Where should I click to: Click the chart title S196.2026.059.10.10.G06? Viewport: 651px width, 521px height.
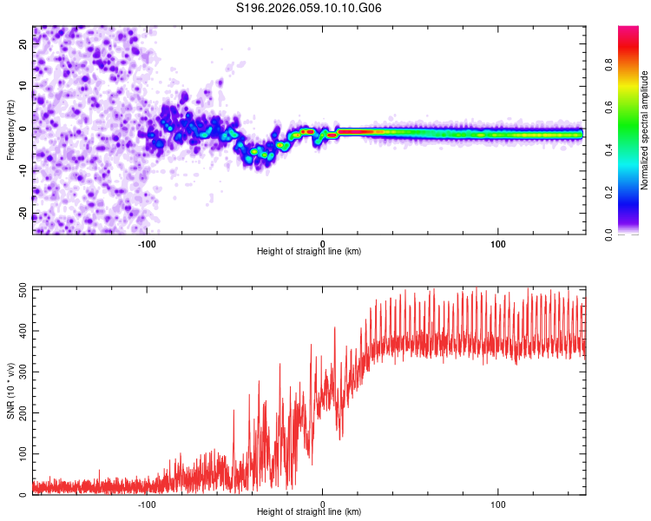coord(309,9)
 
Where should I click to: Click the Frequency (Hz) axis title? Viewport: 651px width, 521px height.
coord(10,130)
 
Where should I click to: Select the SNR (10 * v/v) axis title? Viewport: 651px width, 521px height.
coord(10,391)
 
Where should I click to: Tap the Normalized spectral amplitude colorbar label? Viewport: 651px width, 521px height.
coord(645,130)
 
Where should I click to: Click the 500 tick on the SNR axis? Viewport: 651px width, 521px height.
coord(24,291)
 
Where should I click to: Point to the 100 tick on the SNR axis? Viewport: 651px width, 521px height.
coord(24,454)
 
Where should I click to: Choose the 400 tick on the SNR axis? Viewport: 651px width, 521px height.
coord(24,332)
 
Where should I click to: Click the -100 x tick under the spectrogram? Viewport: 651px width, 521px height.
coord(146,243)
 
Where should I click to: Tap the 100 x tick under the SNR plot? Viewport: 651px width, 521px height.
coord(499,504)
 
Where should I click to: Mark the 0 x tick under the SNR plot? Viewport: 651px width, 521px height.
coord(323,504)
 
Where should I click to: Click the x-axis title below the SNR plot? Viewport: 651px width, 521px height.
coord(309,512)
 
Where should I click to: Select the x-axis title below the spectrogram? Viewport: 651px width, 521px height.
coord(309,252)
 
